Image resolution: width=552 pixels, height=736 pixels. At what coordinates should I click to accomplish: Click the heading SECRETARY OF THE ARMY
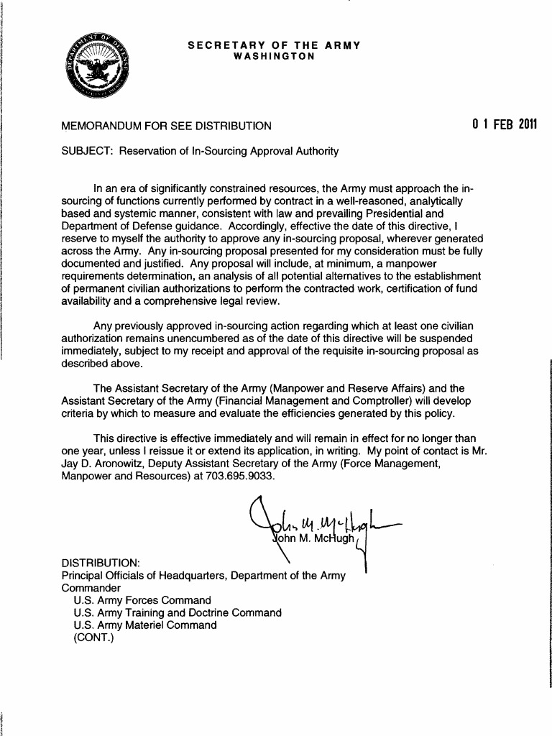273,45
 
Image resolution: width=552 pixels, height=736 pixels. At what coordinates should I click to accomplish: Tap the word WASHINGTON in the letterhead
274,56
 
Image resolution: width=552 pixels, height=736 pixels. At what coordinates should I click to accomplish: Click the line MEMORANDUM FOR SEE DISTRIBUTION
167,126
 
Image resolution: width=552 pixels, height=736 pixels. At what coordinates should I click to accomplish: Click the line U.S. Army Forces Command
142,600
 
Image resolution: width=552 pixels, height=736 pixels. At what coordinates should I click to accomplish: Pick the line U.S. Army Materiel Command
145,625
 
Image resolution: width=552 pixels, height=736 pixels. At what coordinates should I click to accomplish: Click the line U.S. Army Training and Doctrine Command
178,613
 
